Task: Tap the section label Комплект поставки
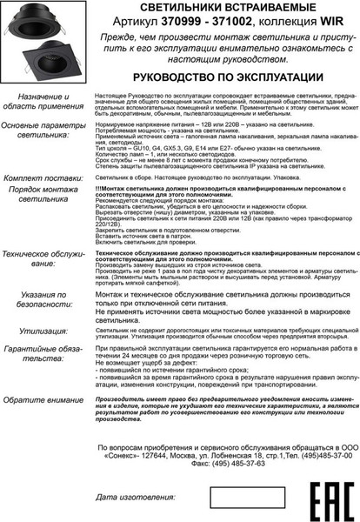pyautogui.click(x=43, y=177)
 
